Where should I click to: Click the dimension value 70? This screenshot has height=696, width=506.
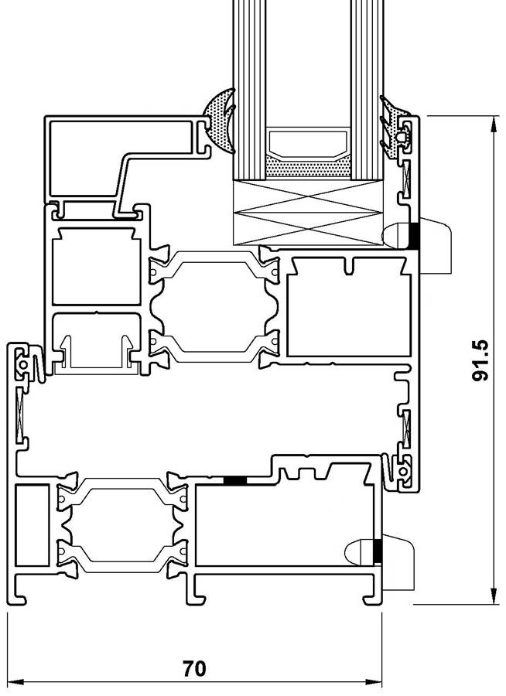194,668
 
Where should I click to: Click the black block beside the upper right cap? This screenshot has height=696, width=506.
415,235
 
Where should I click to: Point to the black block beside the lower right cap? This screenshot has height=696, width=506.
378,551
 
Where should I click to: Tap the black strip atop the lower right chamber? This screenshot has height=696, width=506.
234,480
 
